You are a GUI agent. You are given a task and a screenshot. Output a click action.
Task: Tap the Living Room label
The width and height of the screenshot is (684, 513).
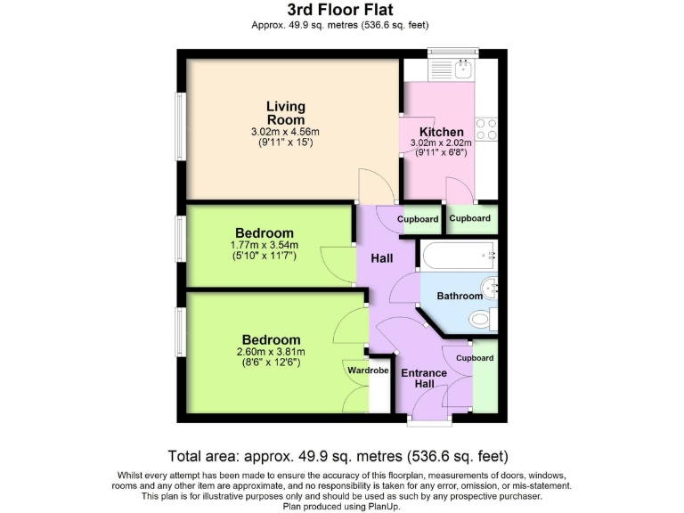click(285, 113)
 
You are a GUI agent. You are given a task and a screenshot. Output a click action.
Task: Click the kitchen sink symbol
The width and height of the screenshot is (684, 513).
click(462, 68)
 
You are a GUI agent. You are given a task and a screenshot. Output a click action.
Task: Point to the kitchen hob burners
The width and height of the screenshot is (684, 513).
click(486, 129)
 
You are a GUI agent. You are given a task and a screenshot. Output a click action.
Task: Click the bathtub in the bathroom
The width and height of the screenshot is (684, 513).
click(460, 256)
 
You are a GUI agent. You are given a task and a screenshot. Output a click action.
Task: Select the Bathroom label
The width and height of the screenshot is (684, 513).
click(459, 296)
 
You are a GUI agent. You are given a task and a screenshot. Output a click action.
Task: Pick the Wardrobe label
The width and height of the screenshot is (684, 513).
click(368, 370)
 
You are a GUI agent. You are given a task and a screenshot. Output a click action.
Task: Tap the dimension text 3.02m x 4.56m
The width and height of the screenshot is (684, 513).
click(285, 132)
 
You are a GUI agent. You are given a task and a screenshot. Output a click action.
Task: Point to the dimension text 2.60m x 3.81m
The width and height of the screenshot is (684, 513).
click(271, 352)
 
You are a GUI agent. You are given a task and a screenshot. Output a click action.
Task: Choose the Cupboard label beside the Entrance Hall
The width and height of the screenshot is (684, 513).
click(475, 358)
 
